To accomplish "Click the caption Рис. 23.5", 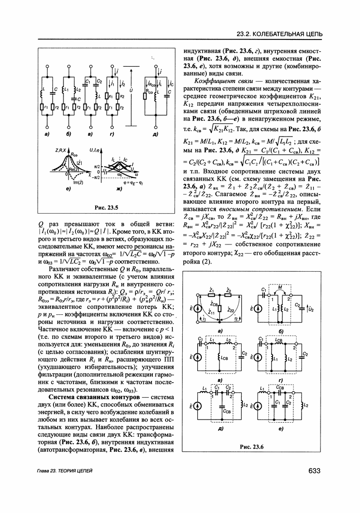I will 106,208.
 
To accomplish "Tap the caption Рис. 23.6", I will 251,447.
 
